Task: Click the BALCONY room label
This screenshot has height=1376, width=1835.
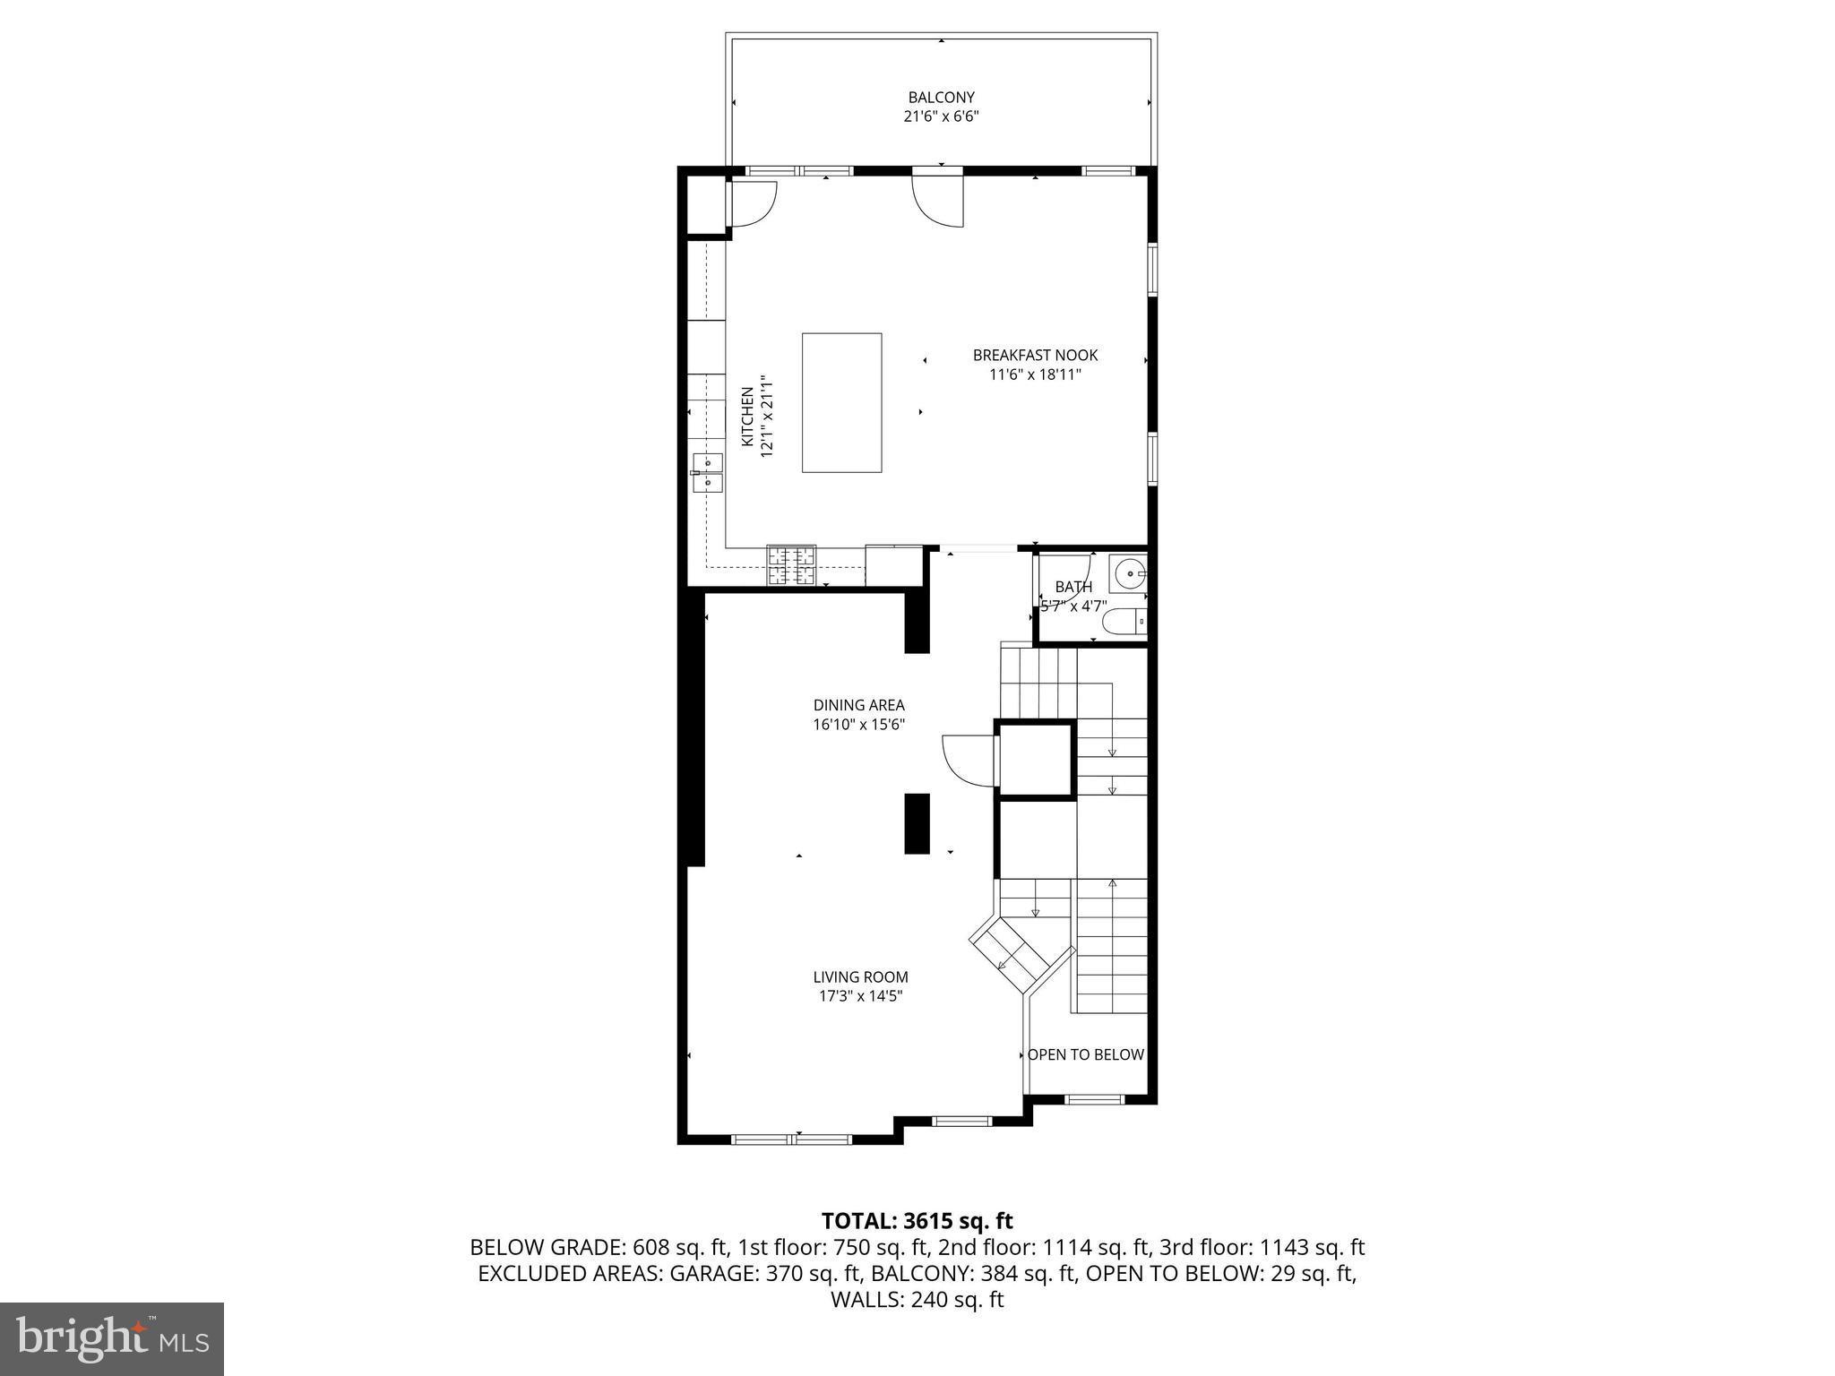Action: tap(941, 97)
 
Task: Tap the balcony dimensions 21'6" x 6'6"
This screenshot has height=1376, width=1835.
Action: tap(941, 116)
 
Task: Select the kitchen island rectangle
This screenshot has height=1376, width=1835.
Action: tap(841, 402)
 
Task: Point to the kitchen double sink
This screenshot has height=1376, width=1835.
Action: tap(707, 473)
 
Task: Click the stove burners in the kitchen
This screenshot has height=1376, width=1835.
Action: tap(791, 565)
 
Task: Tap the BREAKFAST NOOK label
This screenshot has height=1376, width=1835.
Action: tap(1035, 355)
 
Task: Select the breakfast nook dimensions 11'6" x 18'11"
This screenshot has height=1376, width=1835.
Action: tap(1035, 374)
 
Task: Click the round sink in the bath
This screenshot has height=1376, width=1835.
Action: tap(1129, 571)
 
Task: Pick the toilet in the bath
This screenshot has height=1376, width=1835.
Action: tap(1124, 621)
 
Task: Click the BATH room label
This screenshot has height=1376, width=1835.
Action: tap(1073, 587)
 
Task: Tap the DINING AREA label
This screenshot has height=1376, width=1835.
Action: tap(858, 705)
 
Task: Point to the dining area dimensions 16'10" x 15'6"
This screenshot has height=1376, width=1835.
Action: tap(858, 725)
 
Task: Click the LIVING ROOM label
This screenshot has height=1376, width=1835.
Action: tap(860, 976)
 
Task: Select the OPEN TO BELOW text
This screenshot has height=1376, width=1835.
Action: tap(1085, 1054)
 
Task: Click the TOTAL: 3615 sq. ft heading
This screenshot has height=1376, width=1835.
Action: tap(917, 1220)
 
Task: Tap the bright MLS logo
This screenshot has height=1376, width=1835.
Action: tap(112, 1338)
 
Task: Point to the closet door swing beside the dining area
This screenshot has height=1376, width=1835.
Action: tap(968, 761)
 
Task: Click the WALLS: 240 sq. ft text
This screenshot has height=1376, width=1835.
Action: tap(917, 1300)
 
